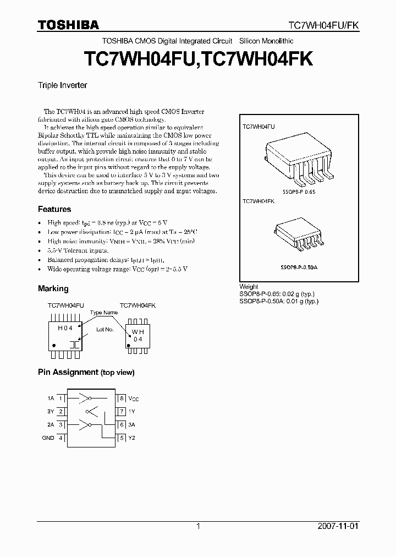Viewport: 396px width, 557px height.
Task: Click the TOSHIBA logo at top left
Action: [68, 25]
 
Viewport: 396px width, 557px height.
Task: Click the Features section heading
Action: [54, 209]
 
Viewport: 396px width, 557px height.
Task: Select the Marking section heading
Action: [53, 288]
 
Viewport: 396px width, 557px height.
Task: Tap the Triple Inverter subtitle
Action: [62, 85]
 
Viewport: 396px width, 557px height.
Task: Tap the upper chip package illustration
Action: [299, 160]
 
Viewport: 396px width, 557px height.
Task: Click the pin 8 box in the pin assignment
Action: [122, 398]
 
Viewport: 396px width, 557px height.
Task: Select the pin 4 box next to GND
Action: [61, 438]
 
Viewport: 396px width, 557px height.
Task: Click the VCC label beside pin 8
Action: [134, 398]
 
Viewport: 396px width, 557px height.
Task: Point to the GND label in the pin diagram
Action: [48, 438]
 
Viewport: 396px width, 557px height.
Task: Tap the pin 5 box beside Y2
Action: [122, 438]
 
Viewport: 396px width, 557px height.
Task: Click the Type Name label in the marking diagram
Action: [104, 313]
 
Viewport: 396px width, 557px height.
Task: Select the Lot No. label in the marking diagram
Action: [105, 329]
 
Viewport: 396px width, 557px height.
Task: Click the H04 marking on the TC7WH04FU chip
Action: [65, 327]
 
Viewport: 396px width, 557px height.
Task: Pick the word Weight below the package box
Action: [249, 287]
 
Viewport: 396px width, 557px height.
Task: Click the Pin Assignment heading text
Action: [86, 372]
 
